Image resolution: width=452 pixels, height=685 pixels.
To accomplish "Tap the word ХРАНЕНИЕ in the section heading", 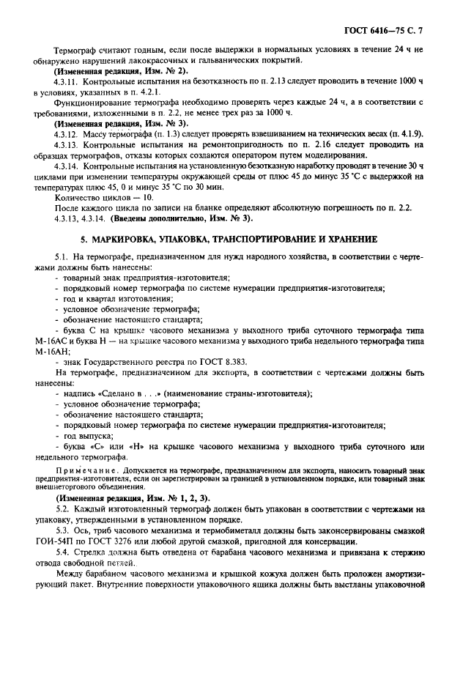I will (x=348, y=239).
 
